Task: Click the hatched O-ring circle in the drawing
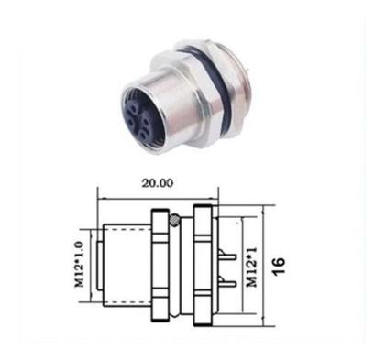pyautogui.click(x=174, y=220)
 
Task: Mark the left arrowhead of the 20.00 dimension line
pyautogui.click(x=100, y=196)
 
